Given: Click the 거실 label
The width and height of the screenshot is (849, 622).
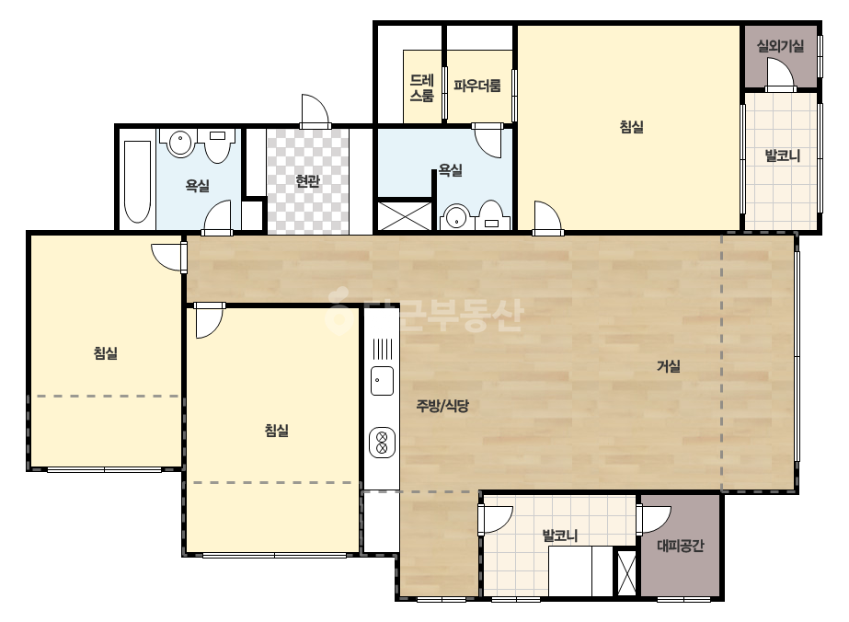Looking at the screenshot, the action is (668, 367).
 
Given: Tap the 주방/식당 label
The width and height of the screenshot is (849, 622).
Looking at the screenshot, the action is (442, 406).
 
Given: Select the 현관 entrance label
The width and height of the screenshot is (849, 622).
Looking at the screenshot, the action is (307, 181).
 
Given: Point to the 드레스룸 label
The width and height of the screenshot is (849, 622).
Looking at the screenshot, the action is (422, 88).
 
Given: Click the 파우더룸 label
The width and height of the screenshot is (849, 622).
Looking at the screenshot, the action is (477, 86).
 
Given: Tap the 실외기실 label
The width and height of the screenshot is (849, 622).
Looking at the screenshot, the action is (780, 46).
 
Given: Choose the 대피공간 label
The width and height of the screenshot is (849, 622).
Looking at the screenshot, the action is (681, 546).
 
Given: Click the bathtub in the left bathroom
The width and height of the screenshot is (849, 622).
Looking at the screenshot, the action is (138, 182).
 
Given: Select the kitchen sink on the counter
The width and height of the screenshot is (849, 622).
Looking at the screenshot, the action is (383, 380).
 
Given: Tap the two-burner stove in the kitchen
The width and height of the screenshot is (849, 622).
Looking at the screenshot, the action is (382, 443).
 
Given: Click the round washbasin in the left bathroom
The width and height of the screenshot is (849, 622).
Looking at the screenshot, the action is (179, 143).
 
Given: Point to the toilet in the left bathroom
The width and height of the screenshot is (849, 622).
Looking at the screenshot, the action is (218, 145).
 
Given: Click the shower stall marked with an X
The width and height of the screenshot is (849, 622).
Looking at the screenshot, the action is (405, 215).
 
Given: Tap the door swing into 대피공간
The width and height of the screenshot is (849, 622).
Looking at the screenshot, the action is (654, 520).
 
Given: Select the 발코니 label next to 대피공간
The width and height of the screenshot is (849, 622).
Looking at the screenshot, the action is (560, 536).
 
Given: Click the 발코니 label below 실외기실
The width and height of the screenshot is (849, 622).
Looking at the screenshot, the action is (782, 156).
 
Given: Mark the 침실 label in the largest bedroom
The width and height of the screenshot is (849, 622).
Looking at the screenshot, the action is (631, 127).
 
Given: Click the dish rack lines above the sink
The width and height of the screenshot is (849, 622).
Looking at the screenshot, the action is (383, 349).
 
